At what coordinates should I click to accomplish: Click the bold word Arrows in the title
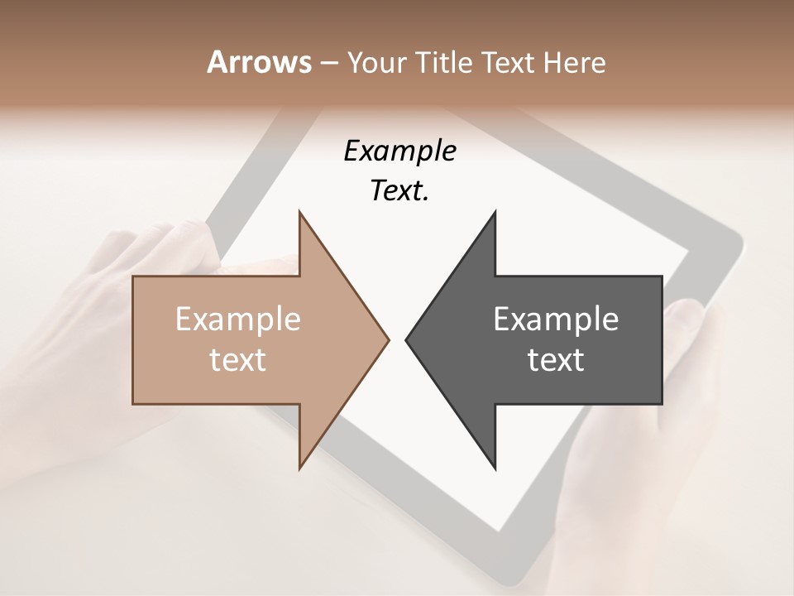click(259, 62)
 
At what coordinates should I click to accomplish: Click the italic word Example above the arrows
click(399, 151)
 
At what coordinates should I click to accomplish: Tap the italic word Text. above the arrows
click(399, 190)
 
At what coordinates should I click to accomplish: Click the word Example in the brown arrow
click(238, 320)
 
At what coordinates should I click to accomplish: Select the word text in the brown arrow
click(238, 360)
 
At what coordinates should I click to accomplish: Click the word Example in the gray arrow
click(556, 320)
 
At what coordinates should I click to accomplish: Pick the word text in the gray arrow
click(556, 360)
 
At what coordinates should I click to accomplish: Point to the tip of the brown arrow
click(388, 339)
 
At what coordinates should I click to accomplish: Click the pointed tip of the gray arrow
click(406, 339)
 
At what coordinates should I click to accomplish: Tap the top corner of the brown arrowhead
click(299, 212)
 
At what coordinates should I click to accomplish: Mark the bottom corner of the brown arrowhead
click(299, 469)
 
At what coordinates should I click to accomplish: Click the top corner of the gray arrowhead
click(495, 212)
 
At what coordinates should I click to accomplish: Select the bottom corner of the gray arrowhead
click(495, 469)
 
